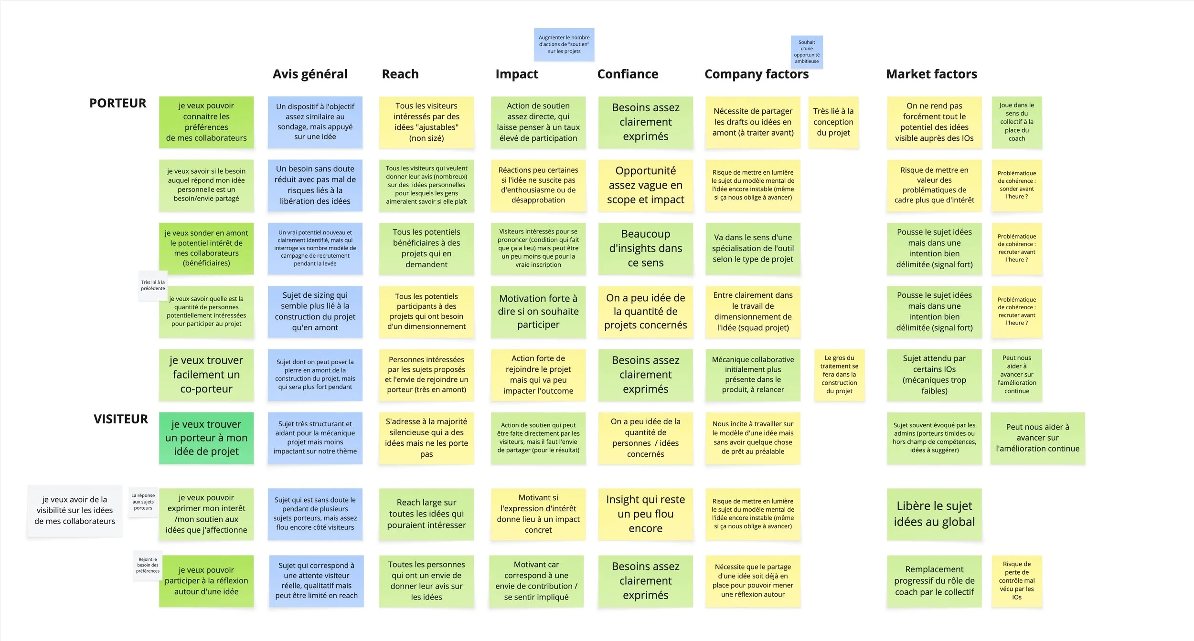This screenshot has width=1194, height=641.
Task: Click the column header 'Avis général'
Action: pos(310,74)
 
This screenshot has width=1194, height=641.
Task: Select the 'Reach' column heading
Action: pos(400,74)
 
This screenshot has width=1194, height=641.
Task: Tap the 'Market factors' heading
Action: pos(931,74)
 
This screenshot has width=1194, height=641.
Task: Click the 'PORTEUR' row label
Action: pos(117,103)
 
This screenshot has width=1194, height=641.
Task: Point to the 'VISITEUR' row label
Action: pos(120,419)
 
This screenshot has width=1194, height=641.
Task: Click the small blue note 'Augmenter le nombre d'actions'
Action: pos(564,44)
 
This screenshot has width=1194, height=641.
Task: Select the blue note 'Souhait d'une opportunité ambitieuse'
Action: pos(807,52)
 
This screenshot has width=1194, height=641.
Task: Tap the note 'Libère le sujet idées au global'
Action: pos(934,514)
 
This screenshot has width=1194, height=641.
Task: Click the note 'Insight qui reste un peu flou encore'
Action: pos(645,514)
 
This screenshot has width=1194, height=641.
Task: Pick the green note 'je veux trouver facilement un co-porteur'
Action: pos(206,375)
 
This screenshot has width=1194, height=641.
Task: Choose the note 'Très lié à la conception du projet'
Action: pos(833,122)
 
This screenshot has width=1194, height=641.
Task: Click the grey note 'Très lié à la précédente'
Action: pos(153,285)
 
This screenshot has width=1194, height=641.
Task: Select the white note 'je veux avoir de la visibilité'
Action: pos(75,511)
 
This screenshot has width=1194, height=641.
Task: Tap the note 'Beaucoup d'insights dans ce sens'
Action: pos(645,248)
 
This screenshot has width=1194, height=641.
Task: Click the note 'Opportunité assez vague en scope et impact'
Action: pos(645,185)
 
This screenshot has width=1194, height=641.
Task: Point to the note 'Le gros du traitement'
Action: pos(839,375)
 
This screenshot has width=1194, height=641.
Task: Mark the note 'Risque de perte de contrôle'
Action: pos(1016,581)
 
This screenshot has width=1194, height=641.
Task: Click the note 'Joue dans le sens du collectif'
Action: pos(1016,122)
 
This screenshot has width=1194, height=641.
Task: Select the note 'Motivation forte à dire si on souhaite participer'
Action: pos(538,312)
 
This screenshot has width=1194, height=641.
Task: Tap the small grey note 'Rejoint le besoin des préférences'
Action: pos(148,565)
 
